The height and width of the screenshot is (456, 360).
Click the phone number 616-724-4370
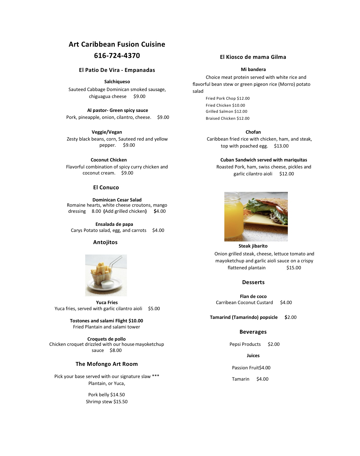point(117,56)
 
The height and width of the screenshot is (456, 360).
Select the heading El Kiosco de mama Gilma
point(253,57)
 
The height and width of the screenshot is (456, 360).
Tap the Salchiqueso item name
point(117,82)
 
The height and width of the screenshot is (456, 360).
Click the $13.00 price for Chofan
point(281,146)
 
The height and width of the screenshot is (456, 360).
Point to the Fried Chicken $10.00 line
point(225,105)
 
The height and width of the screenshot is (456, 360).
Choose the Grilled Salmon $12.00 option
point(226,112)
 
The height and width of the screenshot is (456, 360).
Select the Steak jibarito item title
point(253,246)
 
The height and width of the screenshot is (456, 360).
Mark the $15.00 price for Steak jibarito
point(293,268)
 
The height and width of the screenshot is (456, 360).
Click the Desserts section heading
point(253,282)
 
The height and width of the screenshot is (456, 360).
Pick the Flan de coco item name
point(253,297)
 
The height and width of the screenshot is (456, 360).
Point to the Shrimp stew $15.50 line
point(107,402)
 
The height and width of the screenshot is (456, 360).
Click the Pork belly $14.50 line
point(106,395)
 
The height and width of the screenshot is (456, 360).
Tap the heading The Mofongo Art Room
point(107,364)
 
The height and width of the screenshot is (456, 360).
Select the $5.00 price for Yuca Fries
point(154,309)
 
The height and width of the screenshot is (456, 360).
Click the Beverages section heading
point(253,332)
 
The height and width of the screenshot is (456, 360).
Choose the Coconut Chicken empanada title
point(109,160)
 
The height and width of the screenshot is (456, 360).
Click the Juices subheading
point(253,356)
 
